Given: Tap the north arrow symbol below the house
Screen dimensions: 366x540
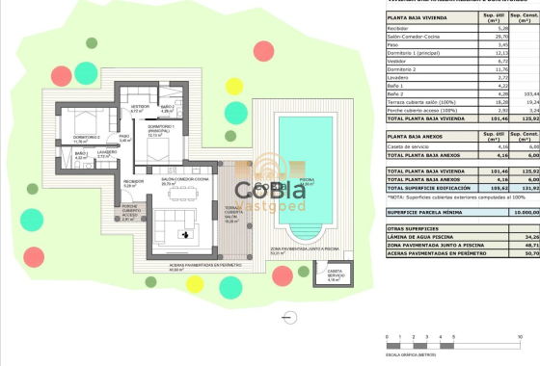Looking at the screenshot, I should tap(286, 314).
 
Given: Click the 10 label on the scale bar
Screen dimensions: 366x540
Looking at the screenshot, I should tap(522, 337).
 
